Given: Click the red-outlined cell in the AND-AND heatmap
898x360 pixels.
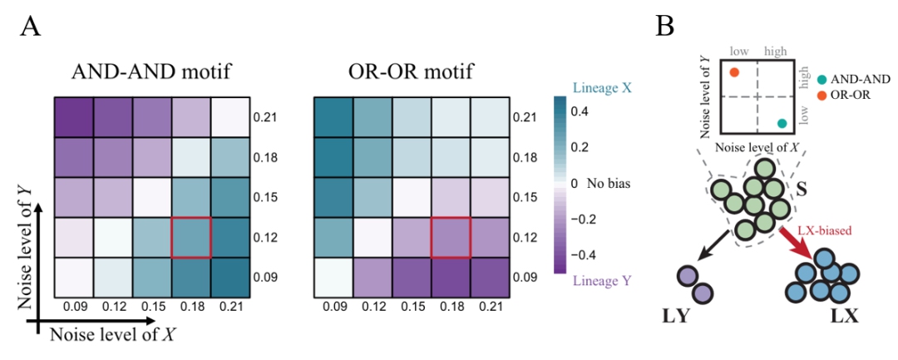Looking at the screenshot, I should pyautogui.click(x=190, y=238).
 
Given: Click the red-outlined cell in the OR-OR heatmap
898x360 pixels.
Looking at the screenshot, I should pyautogui.click(x=451, y=238).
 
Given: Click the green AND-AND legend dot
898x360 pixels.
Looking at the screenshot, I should pyautogui.click(x=822, y=79).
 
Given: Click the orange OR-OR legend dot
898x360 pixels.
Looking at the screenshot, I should pyautogui.click(x=822, y=94).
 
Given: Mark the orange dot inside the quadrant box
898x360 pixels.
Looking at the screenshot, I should pyautogui.click(x=734, y=73).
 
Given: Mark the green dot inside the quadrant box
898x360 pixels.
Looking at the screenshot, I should pyautogui.click(x=782, y=123).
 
